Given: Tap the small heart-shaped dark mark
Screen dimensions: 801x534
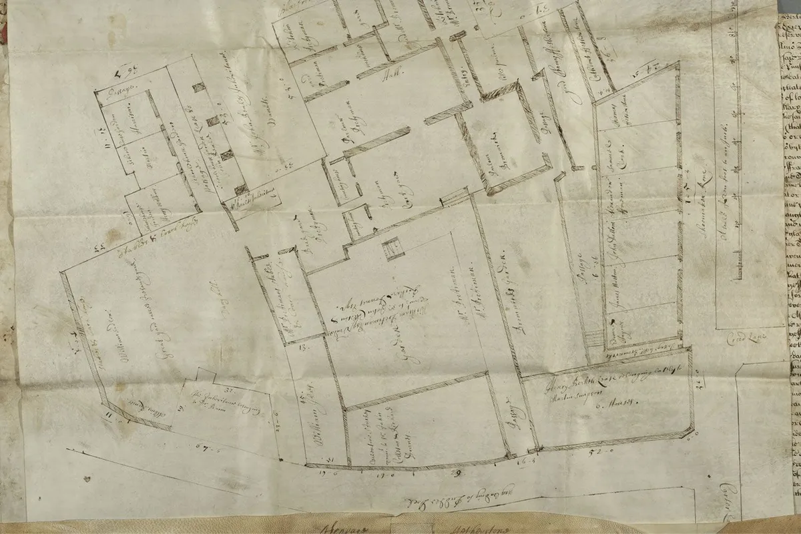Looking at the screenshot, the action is pyautogui.click(x=88, y=479).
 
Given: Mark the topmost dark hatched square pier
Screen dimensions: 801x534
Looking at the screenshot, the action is pyautogui.click(x=198, y=87).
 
